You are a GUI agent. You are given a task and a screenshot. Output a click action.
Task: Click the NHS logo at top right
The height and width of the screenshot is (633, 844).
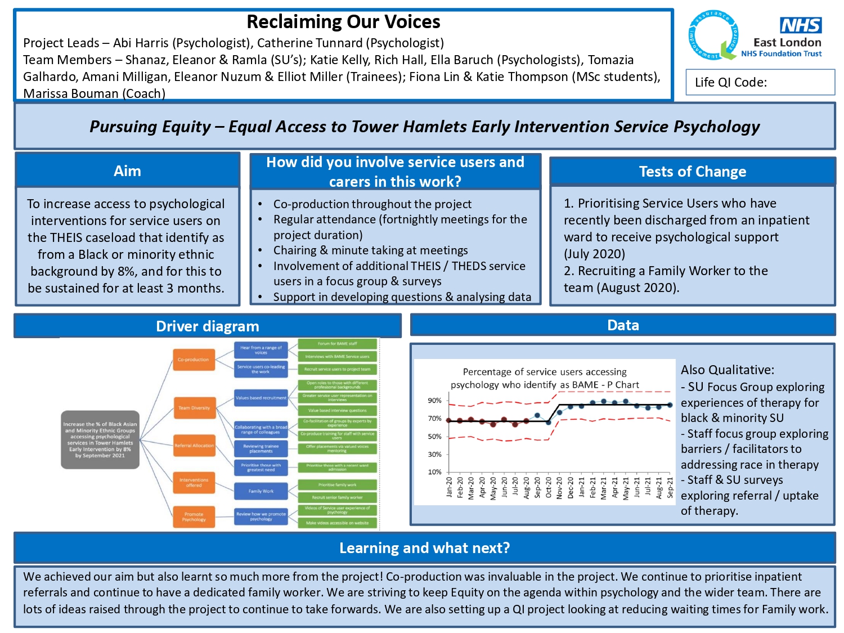[x=801, y=25]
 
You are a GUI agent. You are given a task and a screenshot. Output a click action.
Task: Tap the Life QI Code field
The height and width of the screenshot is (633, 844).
[x=760, y=82]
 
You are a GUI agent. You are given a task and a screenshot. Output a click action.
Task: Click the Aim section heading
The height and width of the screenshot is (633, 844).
[x=128, y=171]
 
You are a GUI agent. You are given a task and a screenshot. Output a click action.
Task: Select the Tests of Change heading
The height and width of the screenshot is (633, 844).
[x=693, y=172]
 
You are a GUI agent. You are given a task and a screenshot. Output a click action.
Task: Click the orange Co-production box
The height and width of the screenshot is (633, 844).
[x=194, y=360]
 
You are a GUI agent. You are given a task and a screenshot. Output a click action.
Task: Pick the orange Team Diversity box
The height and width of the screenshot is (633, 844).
[x=194, y=408]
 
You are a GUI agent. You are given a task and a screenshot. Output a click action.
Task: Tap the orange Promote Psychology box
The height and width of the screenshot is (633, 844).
[x=194, y=517]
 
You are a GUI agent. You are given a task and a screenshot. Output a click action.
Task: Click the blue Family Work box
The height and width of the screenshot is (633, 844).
[x=261, y=491]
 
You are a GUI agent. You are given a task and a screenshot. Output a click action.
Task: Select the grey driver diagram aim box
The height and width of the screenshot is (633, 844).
[x=100, y=439]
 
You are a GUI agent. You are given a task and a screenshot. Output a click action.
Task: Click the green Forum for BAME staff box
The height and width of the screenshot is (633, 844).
[x=337, y=343]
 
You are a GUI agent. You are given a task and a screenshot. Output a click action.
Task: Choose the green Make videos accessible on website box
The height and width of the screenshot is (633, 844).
[x=337, y=523]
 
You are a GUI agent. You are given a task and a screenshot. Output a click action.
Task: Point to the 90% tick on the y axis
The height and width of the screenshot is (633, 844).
[x=435, y=401]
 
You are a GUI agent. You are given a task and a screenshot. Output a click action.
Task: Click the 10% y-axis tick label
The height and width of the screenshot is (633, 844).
[x=435, y=472]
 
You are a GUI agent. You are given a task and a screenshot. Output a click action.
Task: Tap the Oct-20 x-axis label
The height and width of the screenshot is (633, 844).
[x=549, y=488]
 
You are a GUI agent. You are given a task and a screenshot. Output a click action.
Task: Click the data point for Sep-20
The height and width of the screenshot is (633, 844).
[x=537, y=416]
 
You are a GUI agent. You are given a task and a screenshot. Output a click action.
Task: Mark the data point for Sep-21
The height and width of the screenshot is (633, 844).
[x=670, y=405]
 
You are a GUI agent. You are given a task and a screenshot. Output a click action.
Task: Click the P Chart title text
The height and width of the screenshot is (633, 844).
[x=544, y=378]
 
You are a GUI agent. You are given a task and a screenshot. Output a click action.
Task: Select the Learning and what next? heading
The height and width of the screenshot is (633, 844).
[x=424, y=548]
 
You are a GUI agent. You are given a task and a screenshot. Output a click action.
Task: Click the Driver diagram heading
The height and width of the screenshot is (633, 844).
[x=208, y=326]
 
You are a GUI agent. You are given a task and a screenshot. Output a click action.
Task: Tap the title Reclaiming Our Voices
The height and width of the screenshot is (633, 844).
[x=343, y=22]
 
